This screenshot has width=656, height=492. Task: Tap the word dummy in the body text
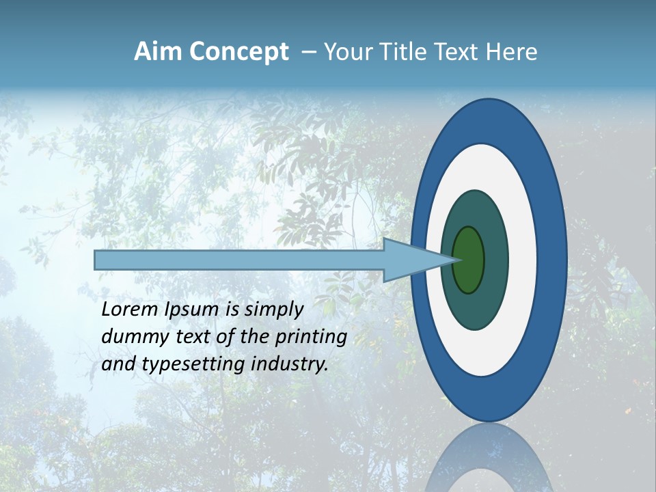[x=127, y=337]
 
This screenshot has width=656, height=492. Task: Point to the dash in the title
[x=308, y=53]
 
